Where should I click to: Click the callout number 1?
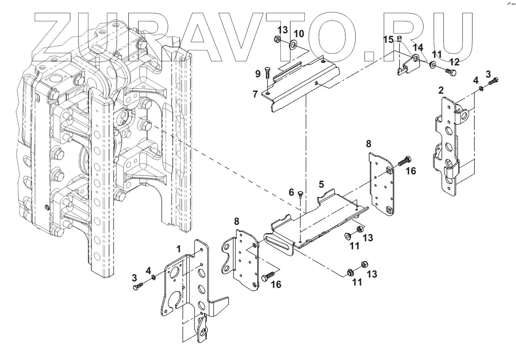point(178,249)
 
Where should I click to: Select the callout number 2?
point(441,91)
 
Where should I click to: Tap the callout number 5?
point(321,184)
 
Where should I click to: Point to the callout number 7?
point(255,94)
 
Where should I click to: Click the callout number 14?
point(419,47)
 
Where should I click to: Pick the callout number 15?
point(388,39)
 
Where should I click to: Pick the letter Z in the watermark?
point(57,36)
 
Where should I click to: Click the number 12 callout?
point(454,62)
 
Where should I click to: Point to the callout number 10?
point(299,34)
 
